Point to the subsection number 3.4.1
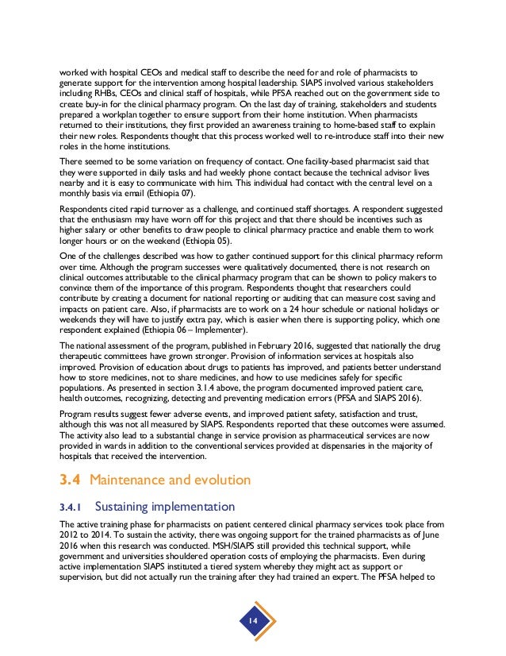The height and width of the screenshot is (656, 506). point(72,506)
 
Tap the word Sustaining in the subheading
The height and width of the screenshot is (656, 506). point(125,506)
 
